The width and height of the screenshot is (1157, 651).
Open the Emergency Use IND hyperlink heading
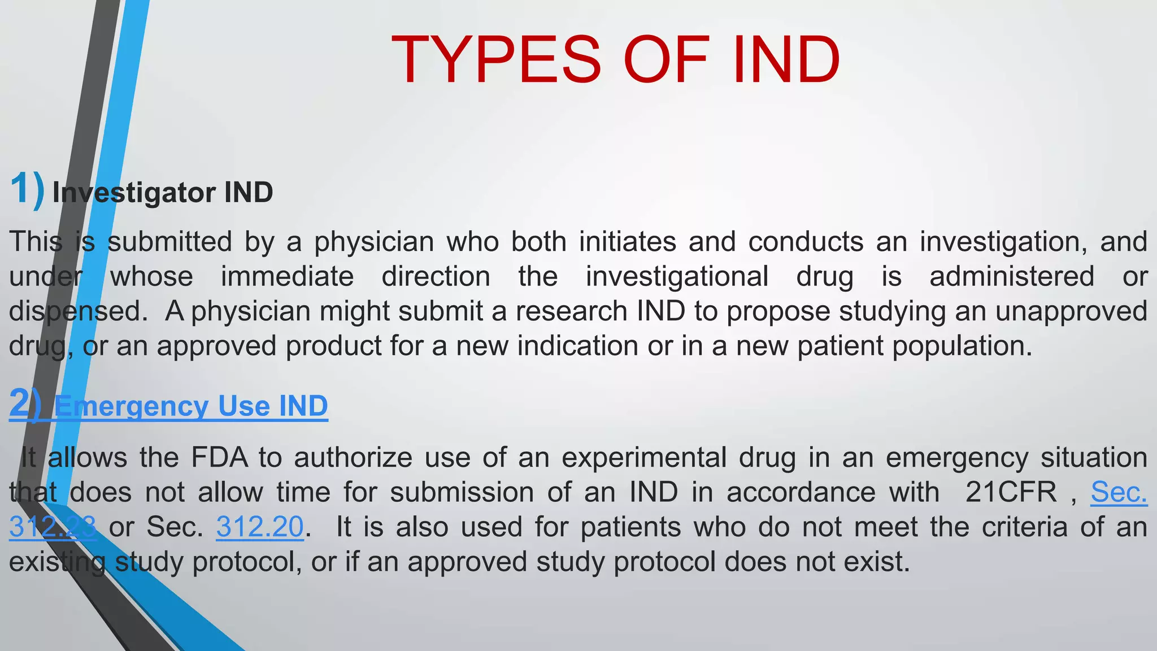191,406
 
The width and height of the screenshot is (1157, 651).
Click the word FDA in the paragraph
220,457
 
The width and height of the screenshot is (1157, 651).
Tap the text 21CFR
1011,492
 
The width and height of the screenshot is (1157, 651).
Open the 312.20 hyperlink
260,527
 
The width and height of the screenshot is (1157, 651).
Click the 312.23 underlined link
53,527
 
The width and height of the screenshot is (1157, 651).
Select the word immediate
287,277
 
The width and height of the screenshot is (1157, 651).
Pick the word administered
1012,277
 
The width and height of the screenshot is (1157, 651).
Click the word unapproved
1071,311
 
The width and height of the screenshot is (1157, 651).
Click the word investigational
677,277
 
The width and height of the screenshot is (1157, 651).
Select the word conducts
806,242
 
